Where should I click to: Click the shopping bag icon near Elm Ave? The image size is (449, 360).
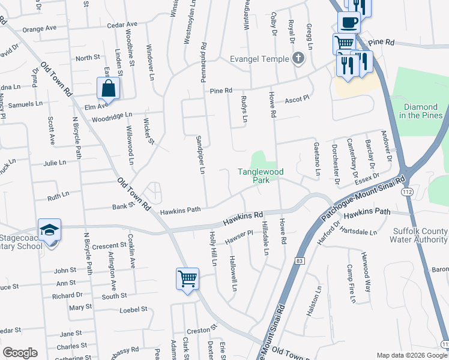(108, 89)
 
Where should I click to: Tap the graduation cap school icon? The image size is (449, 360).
(49, 230)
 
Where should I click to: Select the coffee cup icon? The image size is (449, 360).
(349, 23)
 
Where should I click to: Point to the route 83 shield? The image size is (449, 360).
(299, 261)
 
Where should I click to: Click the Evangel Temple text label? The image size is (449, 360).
(259, 59)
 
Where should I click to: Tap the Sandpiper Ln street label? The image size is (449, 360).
(201, 155)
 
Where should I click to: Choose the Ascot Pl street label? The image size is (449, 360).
(297, 98)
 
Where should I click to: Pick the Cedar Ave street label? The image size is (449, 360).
(122, 25)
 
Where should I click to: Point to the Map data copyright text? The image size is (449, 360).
(412, 355)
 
